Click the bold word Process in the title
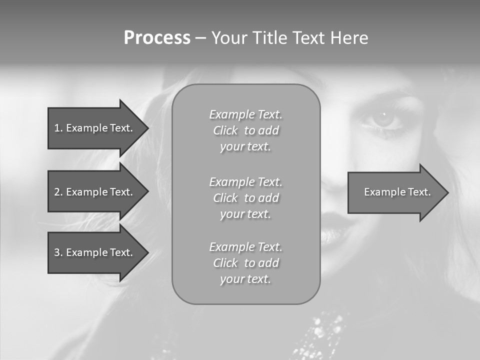(157, 38)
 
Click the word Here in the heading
(349, 38)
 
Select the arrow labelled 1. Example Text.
(93, 128)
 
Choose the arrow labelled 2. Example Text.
(93, 192)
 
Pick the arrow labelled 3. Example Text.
(93, 252)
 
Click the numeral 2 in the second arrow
(57, 192)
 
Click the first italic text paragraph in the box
(245, 130)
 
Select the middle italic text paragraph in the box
(245, 198)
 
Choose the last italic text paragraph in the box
(245, 263)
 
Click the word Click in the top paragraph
(225, 131)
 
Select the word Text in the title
(310, 38)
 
